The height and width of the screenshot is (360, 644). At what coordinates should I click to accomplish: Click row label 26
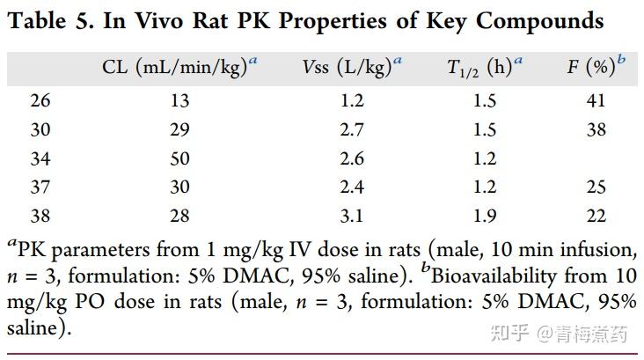(40, 101)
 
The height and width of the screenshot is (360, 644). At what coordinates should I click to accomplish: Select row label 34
(40, 158)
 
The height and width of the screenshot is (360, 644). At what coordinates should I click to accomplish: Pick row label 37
(40, 187)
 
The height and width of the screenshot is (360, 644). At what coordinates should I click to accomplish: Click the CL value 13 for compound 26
(179, 101)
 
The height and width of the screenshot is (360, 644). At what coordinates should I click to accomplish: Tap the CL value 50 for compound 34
(179, 158)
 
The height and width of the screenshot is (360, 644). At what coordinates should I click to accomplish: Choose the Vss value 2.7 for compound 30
(352, 130)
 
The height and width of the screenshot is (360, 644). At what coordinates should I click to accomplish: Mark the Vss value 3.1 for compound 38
(352, 217)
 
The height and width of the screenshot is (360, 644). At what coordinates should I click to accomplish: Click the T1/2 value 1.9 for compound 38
(485, 217)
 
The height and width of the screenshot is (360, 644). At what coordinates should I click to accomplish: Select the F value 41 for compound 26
(596, 101)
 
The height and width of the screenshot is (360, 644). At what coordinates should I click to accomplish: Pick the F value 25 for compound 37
(596, 187)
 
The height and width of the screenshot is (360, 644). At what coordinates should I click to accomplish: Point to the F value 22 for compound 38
(596, 217)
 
